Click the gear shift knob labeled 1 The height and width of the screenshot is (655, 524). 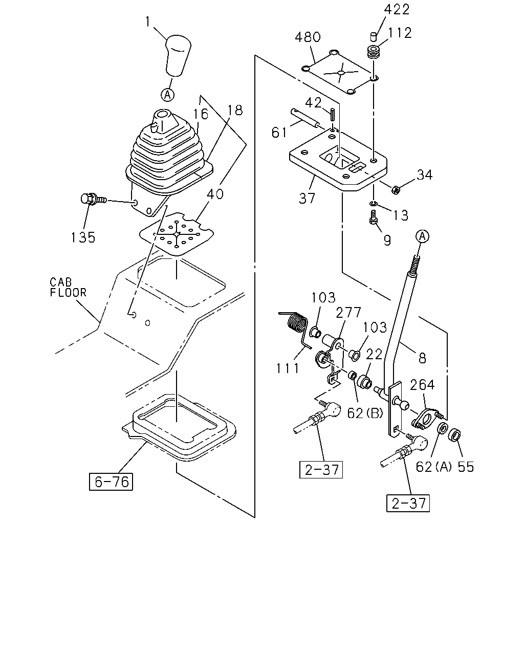(x=178, y=55)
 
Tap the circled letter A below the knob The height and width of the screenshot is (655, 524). (x=167, y=95)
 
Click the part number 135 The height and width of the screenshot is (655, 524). (x=83, y=237)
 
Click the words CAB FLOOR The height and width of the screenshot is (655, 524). (x=68, y=287)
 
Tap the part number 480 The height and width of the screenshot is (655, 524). (x=308, y=37)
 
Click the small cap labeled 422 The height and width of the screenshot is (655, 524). (x=373, y=37)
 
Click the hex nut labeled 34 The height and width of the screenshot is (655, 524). (x=396, y=190)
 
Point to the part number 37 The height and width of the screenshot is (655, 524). (x=307, y=199)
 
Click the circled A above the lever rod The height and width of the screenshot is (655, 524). (x=422, y=236)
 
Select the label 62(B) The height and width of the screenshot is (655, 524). (x=365, y=413)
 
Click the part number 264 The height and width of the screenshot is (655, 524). (x=422, y=385)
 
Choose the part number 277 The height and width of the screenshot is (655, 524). (x=348, y=312)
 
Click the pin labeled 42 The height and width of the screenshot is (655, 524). (x=333, y=115)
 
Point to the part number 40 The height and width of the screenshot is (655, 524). (x=215, y=194)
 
